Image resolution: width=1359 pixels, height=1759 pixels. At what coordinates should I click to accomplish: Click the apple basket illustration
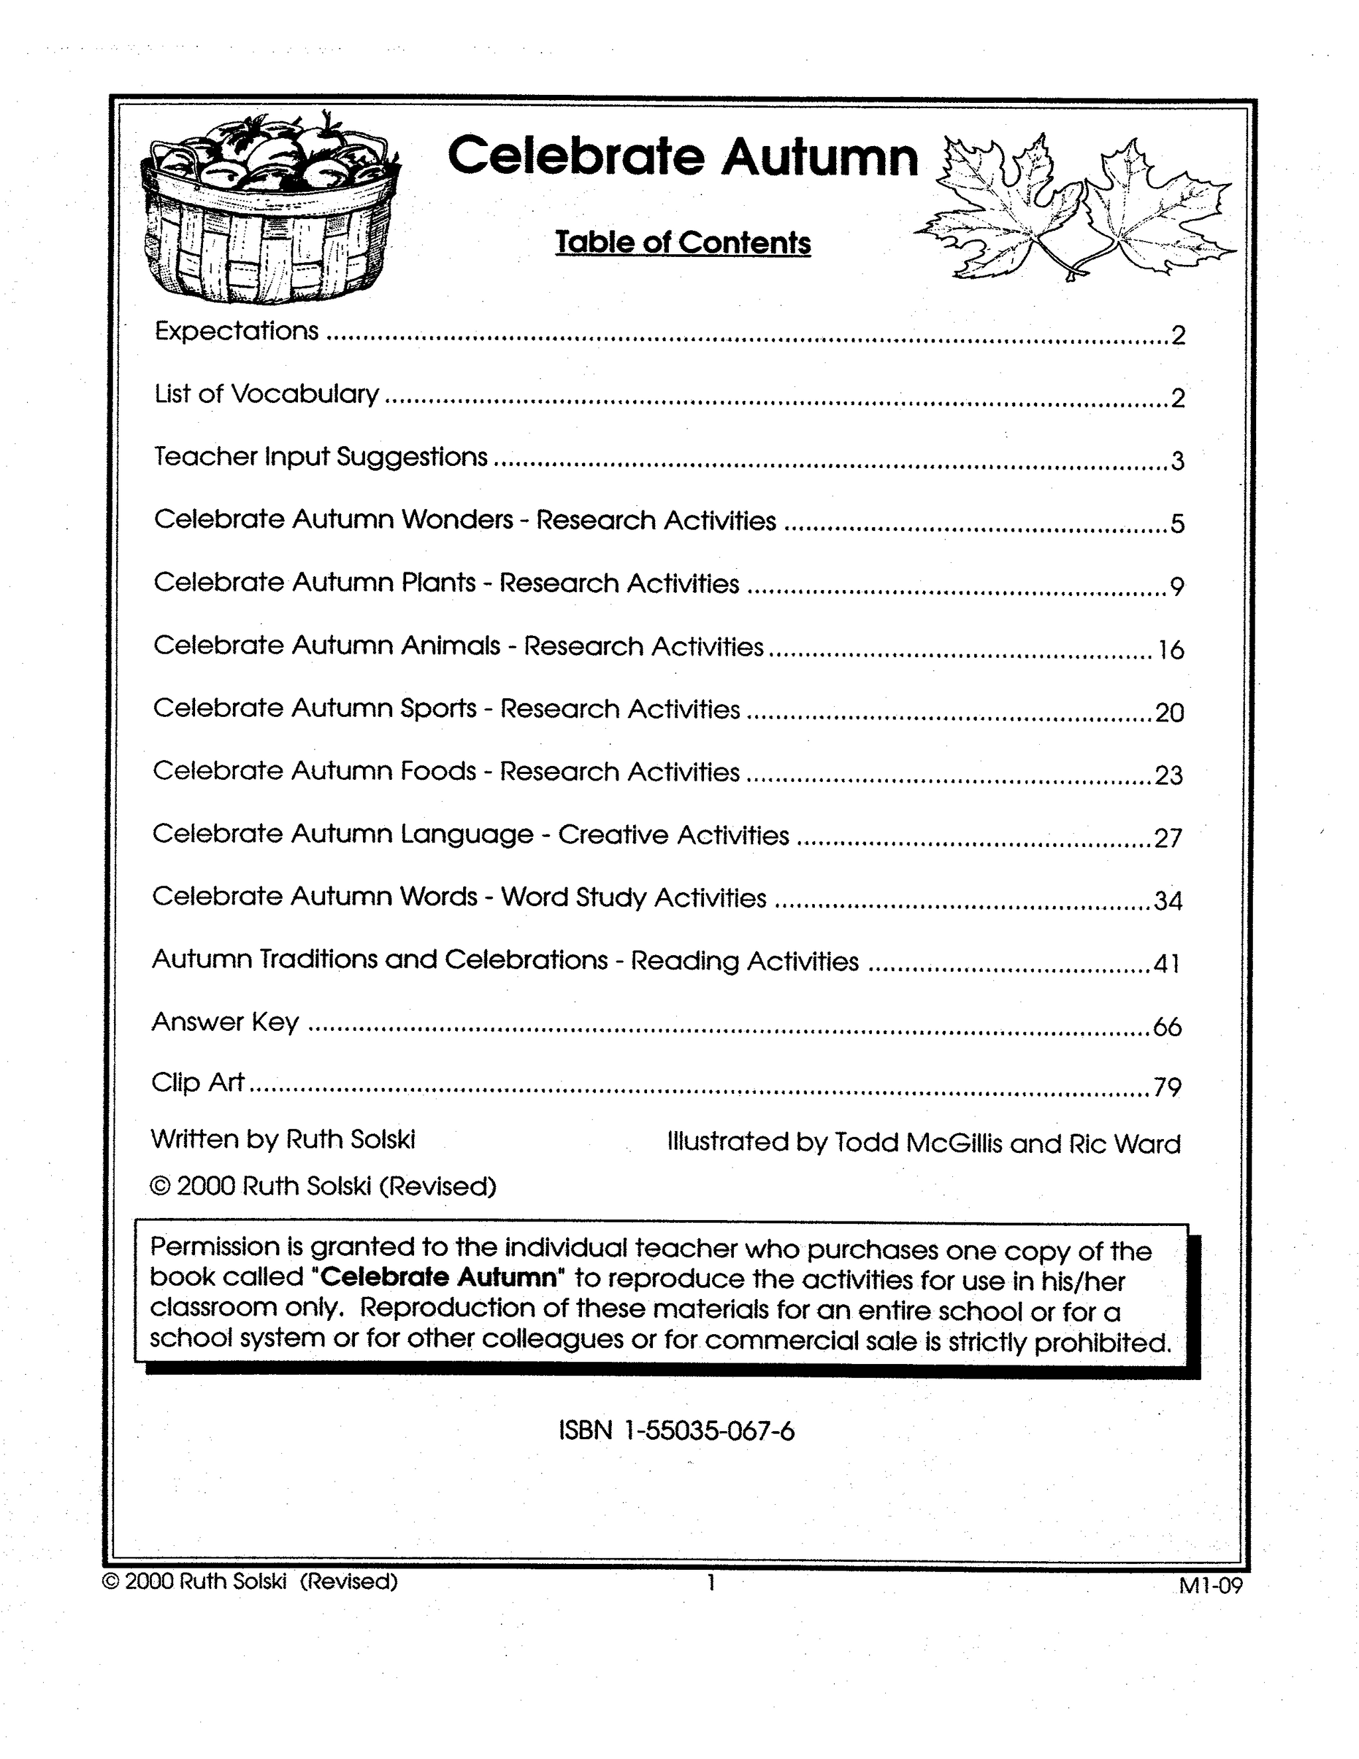[269, 211]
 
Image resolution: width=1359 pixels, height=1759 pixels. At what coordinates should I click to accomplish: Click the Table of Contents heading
[683, 242]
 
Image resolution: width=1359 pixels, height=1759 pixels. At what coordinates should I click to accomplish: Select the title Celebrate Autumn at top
[683, 156]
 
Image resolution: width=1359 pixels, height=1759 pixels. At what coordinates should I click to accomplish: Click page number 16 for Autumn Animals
[1171, 650]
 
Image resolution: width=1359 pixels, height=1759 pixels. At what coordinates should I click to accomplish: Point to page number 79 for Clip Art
[1167, 1089]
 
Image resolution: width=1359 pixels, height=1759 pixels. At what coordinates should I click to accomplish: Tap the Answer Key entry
[225, 1022]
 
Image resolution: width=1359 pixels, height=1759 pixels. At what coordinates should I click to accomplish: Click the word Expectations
[237, 331]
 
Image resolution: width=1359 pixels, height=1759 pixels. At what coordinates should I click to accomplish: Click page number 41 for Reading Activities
[1167, 963]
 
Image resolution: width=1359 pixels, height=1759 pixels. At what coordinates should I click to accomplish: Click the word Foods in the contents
[439, 771]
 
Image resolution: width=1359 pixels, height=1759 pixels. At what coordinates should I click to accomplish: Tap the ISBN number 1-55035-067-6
[709, 1431]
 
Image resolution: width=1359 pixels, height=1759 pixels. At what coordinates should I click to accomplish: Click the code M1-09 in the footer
[1211, 1586]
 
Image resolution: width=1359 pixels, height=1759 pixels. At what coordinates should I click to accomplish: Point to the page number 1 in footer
[711, 1582]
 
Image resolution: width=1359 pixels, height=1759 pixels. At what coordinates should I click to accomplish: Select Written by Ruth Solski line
[283, 1139]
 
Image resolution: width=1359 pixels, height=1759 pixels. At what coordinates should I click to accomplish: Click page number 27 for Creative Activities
[1168, 838]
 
